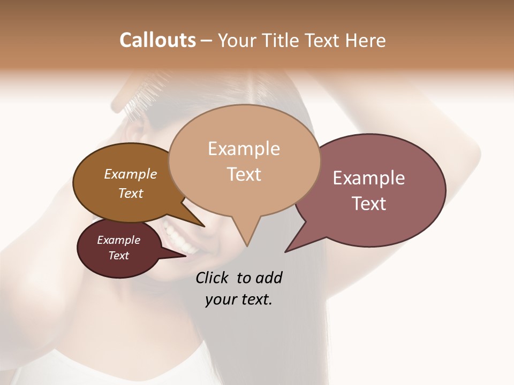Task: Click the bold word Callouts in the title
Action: coord(157,40)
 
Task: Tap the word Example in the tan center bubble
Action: coord(244,149)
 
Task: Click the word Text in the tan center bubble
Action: coord(244,174)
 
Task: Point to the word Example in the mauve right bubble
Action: coord(369,178)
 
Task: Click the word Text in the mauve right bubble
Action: coord(369,204)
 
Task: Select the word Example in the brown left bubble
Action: coord(130,174)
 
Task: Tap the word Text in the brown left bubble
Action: coord(130,193)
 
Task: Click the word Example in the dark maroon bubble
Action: coord(118,240)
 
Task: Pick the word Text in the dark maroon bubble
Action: coord(118,256)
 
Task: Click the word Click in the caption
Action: coord(213,278)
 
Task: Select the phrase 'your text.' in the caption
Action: coord(238,299)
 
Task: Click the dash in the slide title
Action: coord(207,41)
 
